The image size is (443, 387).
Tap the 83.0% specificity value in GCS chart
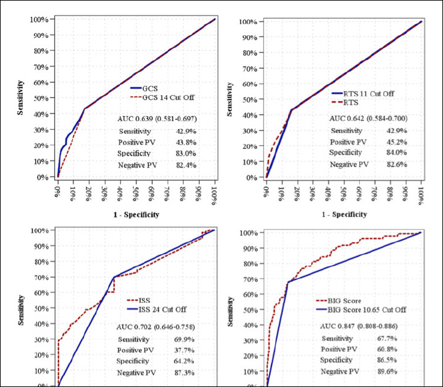coord(186,153)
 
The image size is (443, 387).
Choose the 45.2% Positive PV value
coord(397,142)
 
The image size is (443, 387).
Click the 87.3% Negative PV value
coord(184,373)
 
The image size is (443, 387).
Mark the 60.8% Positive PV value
coord(387,349)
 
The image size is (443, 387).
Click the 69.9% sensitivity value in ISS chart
coord(184,339)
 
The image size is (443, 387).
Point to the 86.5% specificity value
coord(387,360)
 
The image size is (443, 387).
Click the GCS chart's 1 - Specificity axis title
coord(136,215)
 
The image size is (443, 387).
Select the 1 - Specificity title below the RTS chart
coord(344,215)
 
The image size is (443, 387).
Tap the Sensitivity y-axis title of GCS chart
coord(20,98)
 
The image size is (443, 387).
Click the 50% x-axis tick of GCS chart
coord(136,193)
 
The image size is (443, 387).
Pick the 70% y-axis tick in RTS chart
coord(248,69)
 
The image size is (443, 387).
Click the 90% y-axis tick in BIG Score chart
coord(250,249)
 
